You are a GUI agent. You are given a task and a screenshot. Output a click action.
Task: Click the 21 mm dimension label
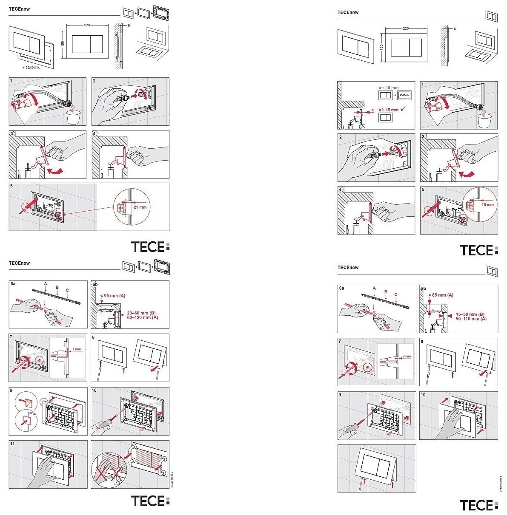pos(140,207)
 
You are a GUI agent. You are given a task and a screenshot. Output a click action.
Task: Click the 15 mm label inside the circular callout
pos(487,205)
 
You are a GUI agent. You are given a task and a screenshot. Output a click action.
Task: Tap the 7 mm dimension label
pos(77,349)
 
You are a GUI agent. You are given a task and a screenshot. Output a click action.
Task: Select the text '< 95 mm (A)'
pos(113,296)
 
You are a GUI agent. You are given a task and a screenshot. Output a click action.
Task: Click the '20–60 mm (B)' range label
pos(142,313)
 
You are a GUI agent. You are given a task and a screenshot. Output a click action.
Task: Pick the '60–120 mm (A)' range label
pos(143,317)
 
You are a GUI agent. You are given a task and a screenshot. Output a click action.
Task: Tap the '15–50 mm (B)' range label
pos(470,314)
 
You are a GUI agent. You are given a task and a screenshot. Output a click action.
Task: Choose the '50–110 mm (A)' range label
pos(471,319)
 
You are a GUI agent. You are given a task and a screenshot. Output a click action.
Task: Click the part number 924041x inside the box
pos(405,96)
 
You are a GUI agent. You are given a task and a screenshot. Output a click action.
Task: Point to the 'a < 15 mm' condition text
pos(388,88)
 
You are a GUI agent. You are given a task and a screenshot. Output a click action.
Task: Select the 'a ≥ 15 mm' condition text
pos(388,110)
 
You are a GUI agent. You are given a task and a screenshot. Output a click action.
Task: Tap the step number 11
pos(12,444)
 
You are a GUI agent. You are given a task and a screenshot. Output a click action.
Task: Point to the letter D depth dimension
pos(129,25)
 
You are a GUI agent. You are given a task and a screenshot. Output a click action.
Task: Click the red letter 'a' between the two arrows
pos(373,110)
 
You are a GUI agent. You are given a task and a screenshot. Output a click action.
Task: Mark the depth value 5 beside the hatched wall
pos(455,29)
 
